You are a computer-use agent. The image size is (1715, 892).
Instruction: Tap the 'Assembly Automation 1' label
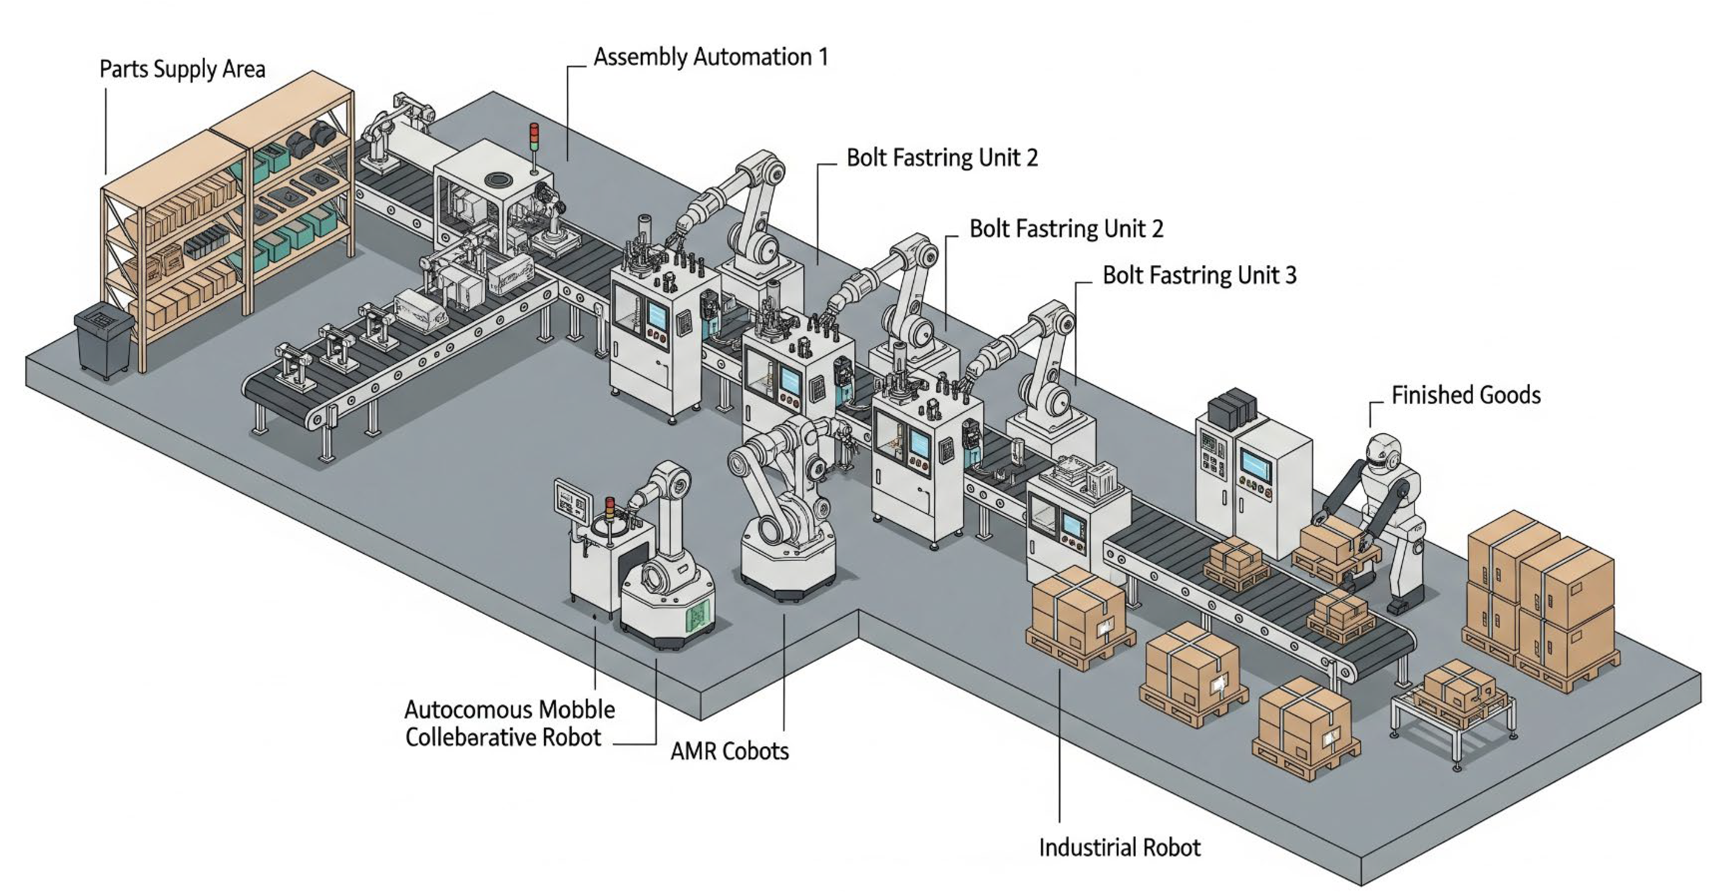click(x=710, y=57)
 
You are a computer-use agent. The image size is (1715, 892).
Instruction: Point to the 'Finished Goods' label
click(x=1465, y=395)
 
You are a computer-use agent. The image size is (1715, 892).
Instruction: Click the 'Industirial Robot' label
click(x=1120, y=848)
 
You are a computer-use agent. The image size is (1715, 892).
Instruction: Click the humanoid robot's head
click(x=1385, y=453)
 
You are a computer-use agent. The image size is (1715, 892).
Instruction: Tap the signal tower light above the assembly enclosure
click(x=533, y=137)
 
